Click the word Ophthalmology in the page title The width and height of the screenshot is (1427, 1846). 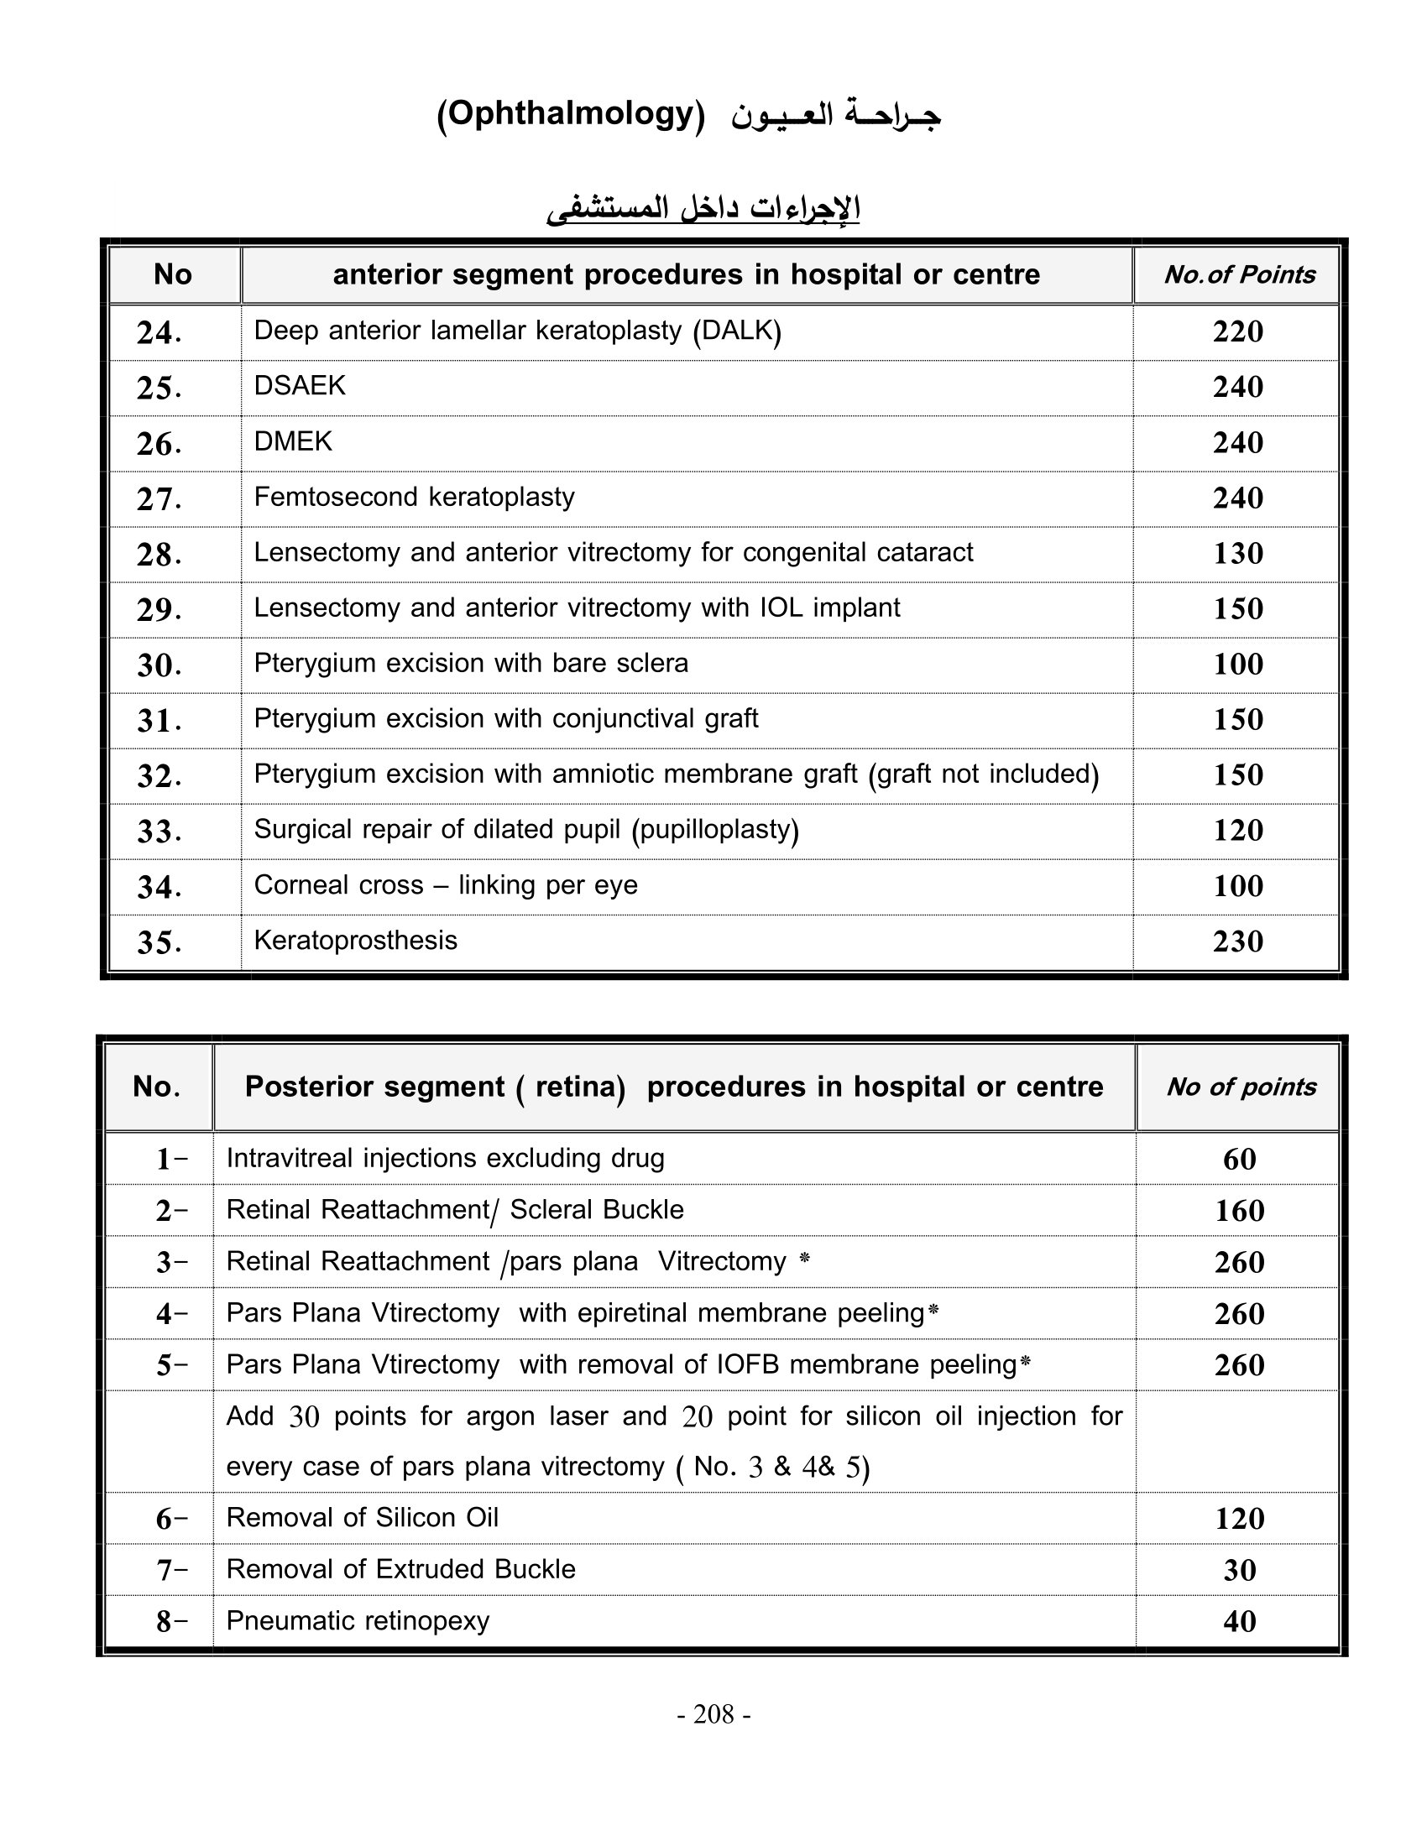(x=571, y=113)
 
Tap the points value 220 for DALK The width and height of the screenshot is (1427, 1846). (x=1237, y=331)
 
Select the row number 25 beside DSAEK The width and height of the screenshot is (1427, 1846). (x=159, y=388)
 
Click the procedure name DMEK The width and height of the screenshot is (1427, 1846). (x=292, y=441)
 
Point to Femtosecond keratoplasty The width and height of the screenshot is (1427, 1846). (x=414, y=497)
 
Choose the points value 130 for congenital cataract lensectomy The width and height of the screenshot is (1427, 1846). (x=1237, y=554)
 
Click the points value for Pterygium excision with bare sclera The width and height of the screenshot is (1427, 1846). (x=1237, y=665)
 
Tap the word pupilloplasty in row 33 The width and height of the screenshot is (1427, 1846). (x=715, y=830)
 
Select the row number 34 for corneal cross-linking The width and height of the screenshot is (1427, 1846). (x=159, y=887)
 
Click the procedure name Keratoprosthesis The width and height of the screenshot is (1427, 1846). (x=355, y=941)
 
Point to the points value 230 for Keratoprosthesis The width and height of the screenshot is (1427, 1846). (x=1237, y=941)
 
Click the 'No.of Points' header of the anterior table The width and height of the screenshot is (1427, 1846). (x=1238, y=274)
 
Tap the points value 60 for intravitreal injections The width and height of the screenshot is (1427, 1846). (x=1239, y=1159)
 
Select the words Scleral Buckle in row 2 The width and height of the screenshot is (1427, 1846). (x=597, y=1210)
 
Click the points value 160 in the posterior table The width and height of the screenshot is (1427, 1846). (x=1239, y=1211)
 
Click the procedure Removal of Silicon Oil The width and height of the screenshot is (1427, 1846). (x=362, y=1518)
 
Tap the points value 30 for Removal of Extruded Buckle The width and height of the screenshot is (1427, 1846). (x=1239, y=1571)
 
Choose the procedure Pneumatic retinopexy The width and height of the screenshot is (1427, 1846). (x=358, y=1621)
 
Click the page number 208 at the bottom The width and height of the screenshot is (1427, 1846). (x=713, y=1714)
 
